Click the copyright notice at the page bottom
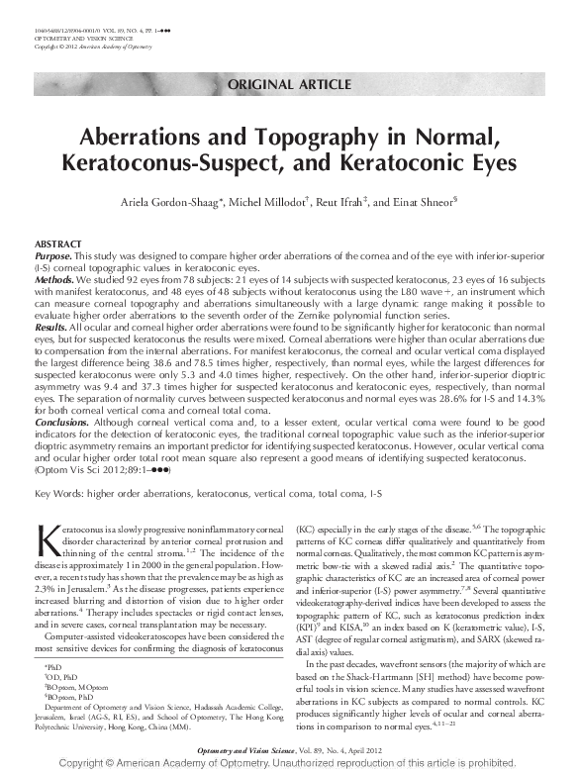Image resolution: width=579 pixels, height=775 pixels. click(x=289, y=765)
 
